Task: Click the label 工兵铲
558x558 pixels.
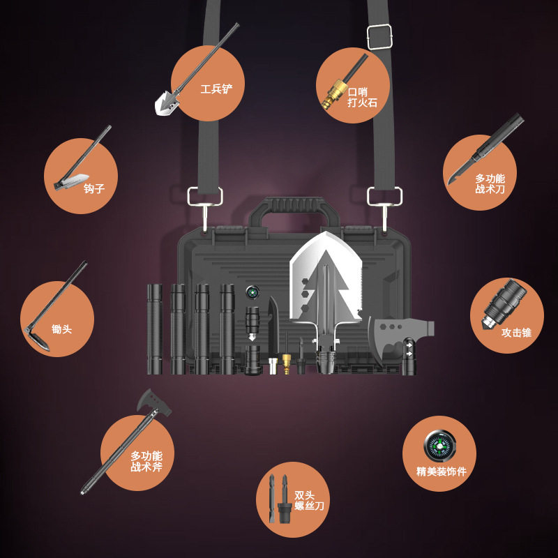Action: click(216, 89)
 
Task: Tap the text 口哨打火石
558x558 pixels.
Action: click(362, 97)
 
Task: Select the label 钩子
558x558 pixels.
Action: click(94, 188)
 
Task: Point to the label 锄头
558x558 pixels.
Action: click(61, 329)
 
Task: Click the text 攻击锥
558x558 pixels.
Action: click(516, 333)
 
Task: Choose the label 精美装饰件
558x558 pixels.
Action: click(442, 472)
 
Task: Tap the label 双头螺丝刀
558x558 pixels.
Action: click(309, 501)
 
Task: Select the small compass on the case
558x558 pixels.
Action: click(252, 292)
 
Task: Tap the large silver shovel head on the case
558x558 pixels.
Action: click(325, 278)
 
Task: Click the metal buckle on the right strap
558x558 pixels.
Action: click(379, 36)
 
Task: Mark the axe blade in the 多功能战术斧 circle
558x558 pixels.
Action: click(153, 403)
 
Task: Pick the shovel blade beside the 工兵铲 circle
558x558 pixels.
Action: click(167, 103)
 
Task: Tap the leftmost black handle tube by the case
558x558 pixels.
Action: click(155, 329)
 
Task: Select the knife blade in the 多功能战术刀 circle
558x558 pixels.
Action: click(462, 170)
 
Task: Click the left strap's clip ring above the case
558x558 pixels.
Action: click(205, 197)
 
